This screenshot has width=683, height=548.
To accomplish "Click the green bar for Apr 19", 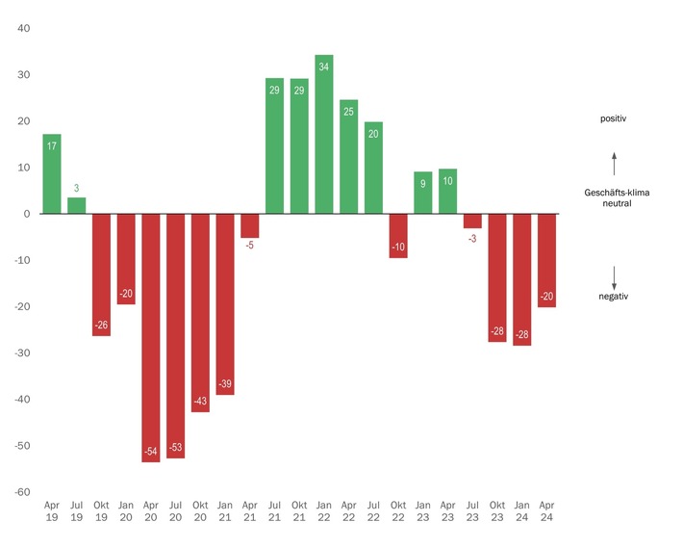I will tap(52, 174).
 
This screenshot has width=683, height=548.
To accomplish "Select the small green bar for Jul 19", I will tap(77, 205).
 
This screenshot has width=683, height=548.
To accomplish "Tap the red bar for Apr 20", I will tap(151, 337).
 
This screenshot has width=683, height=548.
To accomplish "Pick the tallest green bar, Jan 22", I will tap(324, 135).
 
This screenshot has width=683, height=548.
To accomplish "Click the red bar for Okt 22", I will tap(398, 236).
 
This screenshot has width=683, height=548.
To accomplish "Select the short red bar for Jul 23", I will tap(472, 221).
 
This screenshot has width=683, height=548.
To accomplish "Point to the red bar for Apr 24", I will tap(546, 260).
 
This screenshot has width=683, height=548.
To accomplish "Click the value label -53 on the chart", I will tap(176, 448).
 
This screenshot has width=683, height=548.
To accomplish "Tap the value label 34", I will tap(324, 66).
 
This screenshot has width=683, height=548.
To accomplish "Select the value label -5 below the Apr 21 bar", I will tap(250, 246).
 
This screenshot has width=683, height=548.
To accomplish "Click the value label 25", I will tap(348, 112).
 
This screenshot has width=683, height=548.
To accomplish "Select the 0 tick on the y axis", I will tap(28, 214).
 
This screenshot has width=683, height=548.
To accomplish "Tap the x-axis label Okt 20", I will tap(200, 510).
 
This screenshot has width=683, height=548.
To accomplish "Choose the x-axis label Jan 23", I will tap(423, 510).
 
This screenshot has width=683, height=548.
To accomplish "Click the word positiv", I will tap(614, 119).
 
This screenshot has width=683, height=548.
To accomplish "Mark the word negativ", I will tap(614, 297).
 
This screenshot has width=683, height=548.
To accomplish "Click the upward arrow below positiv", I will tap(614, 161).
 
